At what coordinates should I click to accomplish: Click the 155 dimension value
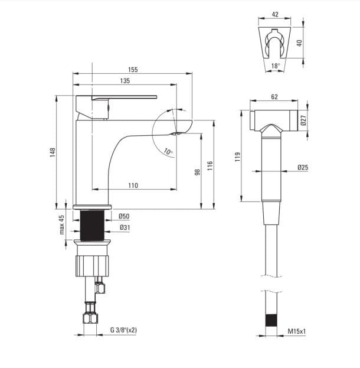point(133,70)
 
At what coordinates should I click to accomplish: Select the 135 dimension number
point(125,81)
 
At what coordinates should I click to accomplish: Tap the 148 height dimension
point(53,152)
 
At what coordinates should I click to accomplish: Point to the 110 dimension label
point(133,185)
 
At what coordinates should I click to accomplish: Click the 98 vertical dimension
point(198,172)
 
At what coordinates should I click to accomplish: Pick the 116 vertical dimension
point(210,165)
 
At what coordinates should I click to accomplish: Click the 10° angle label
point(168,152)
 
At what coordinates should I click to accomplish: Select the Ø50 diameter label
point(124,216)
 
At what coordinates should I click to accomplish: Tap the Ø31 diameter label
point(125,227)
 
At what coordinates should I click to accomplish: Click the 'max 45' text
point(61,225)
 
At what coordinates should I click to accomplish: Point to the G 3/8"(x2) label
point(123,330)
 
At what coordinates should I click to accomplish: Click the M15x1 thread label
point(297,331)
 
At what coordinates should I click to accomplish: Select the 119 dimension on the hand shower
point(238,157)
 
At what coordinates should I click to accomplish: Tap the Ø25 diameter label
point(303,167)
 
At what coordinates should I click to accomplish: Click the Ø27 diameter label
point(303,120)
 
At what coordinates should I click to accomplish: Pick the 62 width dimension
point(274,97)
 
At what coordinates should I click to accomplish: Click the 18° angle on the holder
point(276,66)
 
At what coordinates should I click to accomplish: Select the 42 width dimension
point(275,14)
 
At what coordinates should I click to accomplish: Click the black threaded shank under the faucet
point(92,226)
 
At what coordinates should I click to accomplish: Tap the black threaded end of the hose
point(271,320)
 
